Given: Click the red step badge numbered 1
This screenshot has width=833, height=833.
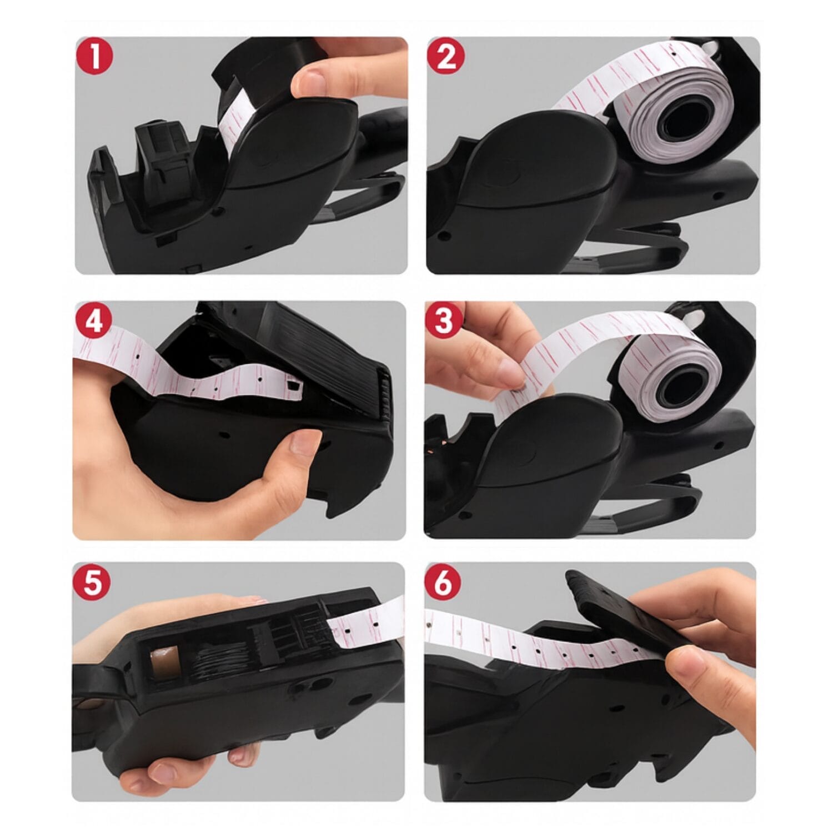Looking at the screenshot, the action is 95,58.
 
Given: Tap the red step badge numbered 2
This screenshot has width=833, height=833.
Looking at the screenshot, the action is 446,58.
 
